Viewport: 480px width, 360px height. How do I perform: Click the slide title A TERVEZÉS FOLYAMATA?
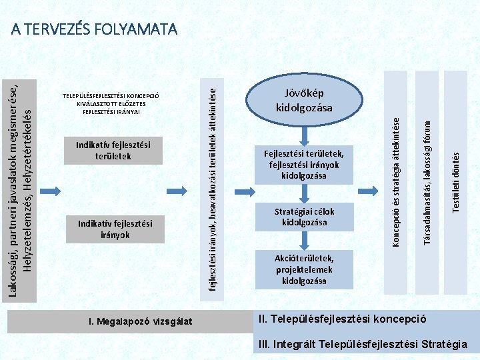click(x=94, y=29)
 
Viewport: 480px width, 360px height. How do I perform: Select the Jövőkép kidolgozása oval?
click(x=304, y=100)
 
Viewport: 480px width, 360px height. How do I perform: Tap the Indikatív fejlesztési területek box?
click(x=113, y=150)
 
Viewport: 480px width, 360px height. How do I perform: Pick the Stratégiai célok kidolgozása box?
click(x=304, y=217)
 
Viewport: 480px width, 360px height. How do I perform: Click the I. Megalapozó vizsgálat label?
click(x=140, y=321)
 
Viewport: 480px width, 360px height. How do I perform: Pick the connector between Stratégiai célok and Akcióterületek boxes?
click(x=304, y=241)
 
